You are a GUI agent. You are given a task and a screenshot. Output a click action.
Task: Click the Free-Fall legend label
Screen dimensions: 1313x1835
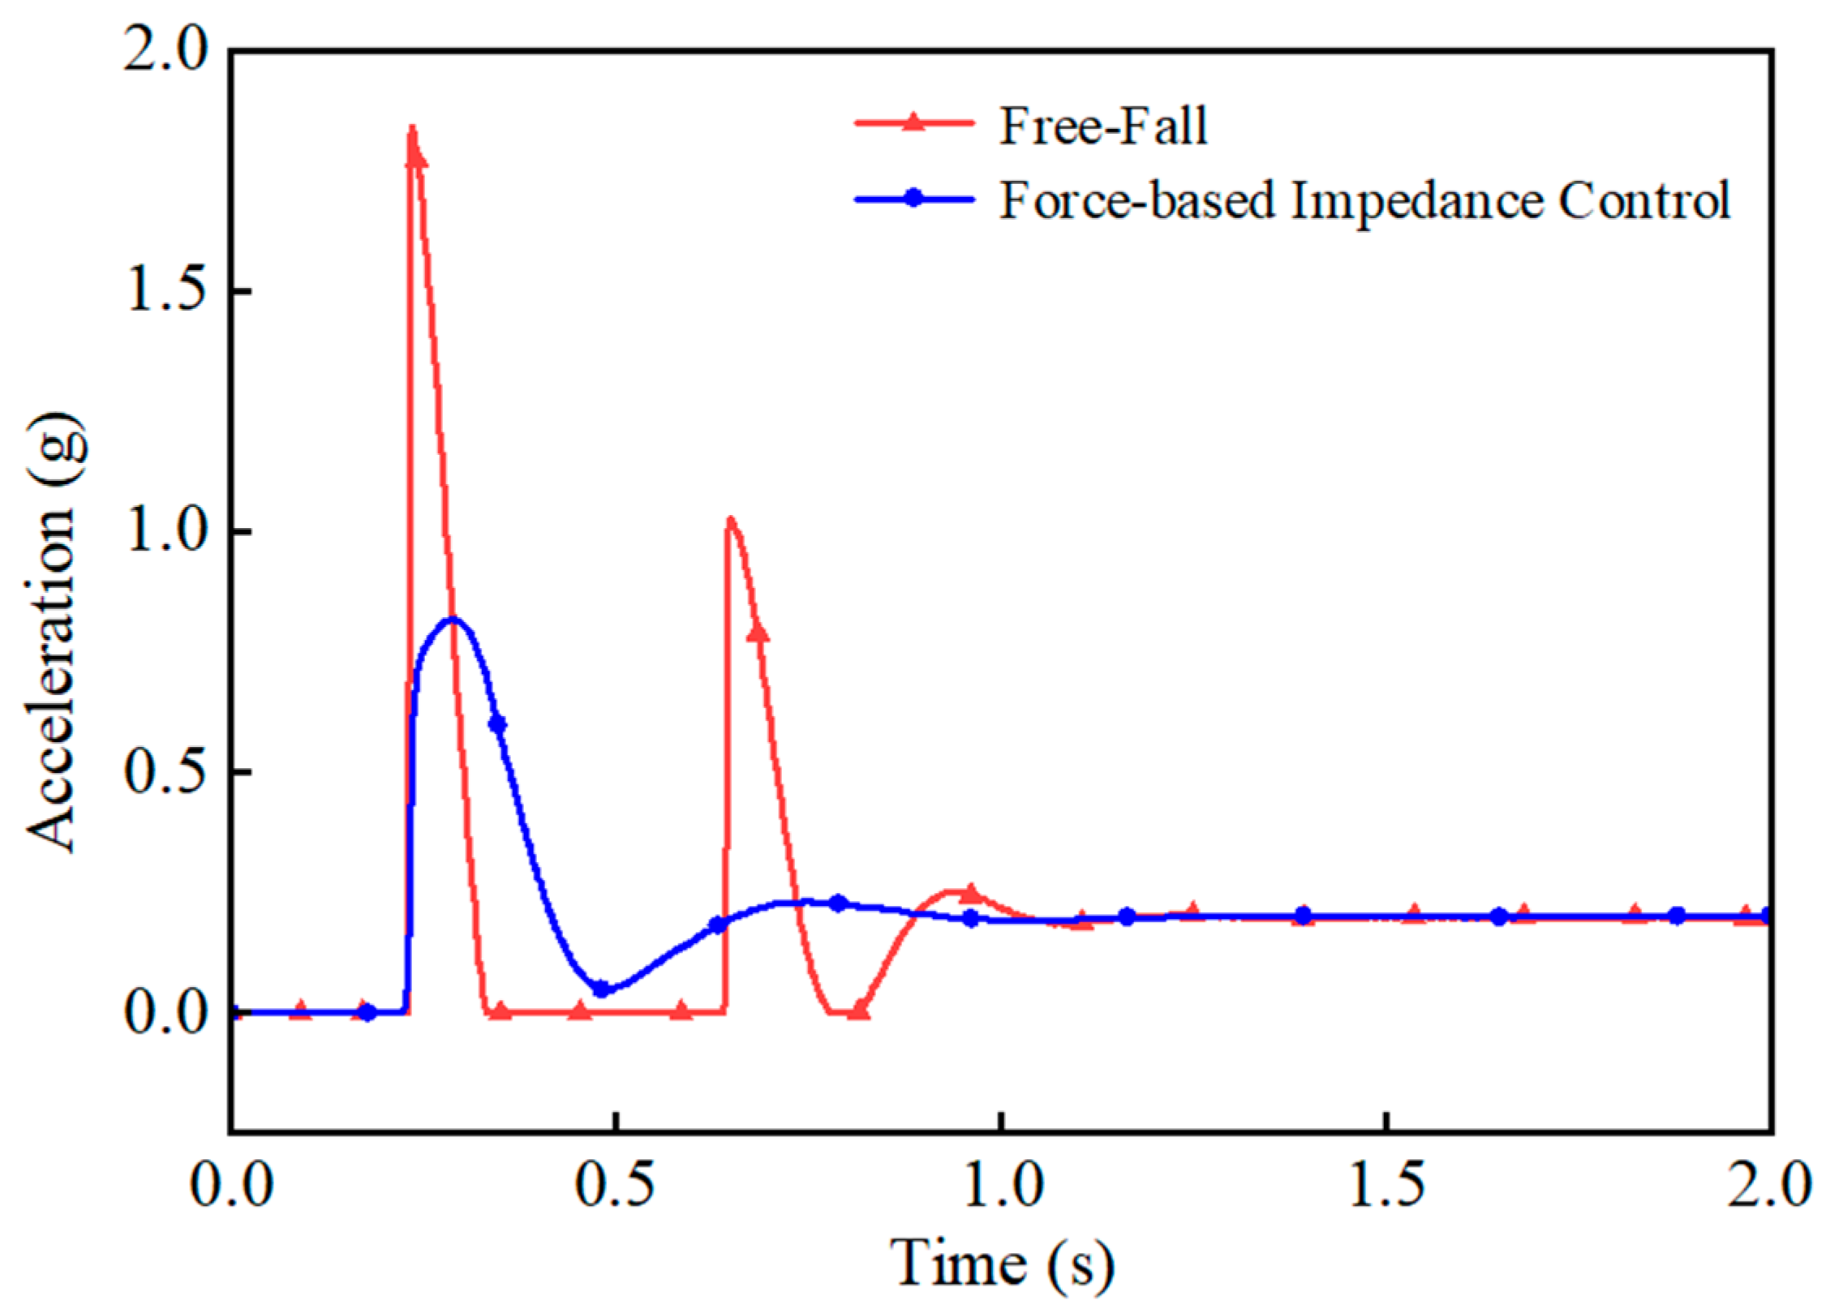[x=1102, y=127]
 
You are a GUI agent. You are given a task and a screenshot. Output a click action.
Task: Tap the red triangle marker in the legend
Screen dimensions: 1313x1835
[x=914, y=123]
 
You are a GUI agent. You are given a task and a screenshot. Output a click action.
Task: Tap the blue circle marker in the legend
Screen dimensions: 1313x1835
[x=914, y=198]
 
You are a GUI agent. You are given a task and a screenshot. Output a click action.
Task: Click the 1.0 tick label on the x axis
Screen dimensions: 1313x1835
[x=1003, y=1186]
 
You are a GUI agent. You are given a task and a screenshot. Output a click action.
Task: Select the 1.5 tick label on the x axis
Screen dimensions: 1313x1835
[x=1387, y=1186]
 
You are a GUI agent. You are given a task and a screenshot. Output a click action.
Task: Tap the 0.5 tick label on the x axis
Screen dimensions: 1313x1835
[x=617, y=1186]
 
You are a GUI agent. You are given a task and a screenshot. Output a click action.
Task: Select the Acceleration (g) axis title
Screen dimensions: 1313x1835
[x=54, y=633]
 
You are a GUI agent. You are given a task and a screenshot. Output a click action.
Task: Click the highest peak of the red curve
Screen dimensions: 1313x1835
[x=412, y=130]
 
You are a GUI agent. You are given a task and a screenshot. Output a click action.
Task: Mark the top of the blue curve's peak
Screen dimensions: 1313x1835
[x=452, y=620]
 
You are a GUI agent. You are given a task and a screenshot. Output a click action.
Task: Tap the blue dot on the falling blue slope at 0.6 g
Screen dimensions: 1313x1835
[x=498, y=724]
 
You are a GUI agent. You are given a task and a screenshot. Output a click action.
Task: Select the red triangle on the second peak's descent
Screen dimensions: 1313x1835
[x=758, y=633]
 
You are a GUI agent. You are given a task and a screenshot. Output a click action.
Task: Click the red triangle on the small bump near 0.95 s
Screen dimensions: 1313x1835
[x=970, y=893]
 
